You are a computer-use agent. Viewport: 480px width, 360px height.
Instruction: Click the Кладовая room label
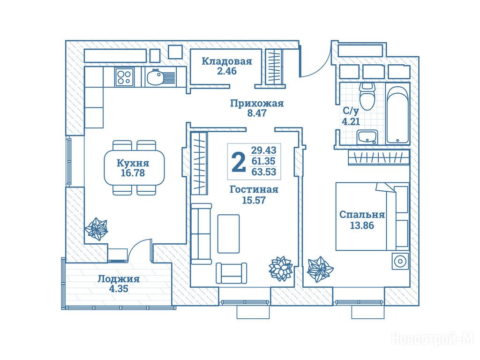click(x=227, y=61)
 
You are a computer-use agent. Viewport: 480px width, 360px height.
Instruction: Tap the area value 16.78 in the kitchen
click(x=133, y=173)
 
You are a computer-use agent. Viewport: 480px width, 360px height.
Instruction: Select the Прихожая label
click(x=257, y=104)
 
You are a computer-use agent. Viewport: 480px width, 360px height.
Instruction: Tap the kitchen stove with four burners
click(x=124, y=77)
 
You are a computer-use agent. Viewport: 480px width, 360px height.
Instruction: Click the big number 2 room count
click(x=239, y=162)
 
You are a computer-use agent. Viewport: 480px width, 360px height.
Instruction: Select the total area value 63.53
click(x=264, y=172)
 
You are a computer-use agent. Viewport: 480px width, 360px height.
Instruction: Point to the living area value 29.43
click(x=264, y=150)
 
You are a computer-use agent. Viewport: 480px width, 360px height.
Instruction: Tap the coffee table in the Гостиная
click(x=228, y=233)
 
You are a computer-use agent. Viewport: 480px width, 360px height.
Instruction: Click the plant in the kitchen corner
click(x=96, y=229)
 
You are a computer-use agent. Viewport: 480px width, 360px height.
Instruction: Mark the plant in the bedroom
click(x=320, y=269)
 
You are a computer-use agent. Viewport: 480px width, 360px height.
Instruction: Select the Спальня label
click(x=362, y=215)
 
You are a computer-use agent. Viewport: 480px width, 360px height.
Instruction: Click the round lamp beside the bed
click(x=400, y=262)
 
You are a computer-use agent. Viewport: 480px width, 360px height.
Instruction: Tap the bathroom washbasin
click(x=367, y=137)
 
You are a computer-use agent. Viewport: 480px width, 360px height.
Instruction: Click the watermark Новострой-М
click(x=433, y=339)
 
